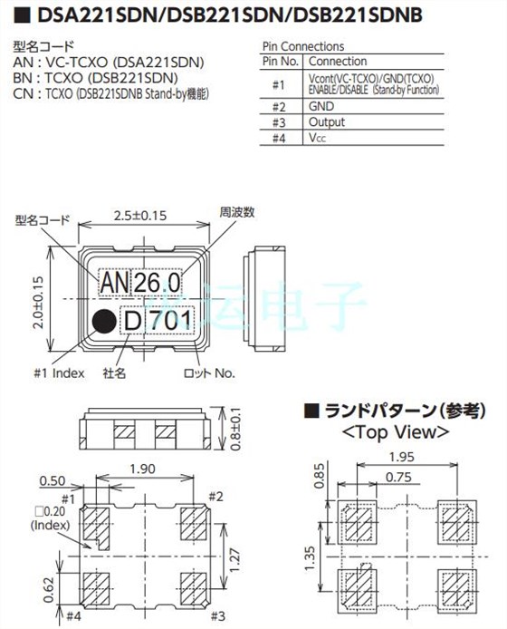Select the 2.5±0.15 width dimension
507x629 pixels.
[x=142, y=217]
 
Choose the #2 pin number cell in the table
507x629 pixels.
[x=278, y=106]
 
